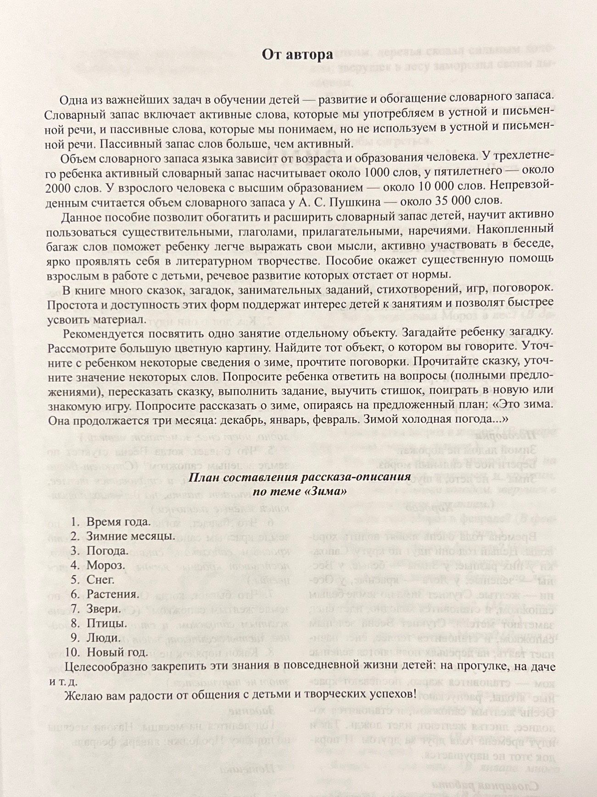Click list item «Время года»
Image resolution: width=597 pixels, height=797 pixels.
118,522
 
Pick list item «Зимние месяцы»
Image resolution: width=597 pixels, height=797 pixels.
130,536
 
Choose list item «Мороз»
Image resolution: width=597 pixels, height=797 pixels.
106,565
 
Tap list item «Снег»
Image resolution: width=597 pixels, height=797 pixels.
100,580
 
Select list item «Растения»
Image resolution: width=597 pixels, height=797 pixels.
113,595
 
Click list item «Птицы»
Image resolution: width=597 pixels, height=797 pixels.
107,623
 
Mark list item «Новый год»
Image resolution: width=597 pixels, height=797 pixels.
117,652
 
